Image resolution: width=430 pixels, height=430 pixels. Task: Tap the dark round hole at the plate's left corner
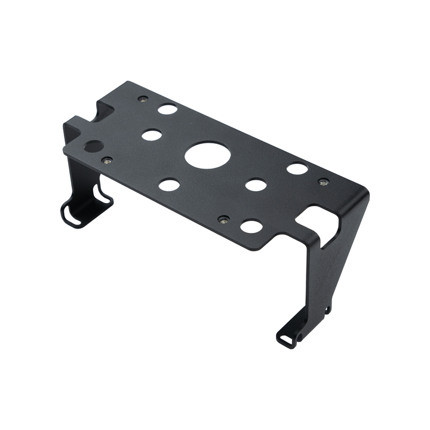click(94, 146)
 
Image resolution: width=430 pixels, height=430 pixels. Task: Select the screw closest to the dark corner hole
click(107, 160)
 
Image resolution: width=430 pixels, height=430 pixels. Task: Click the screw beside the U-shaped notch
click(142, 99)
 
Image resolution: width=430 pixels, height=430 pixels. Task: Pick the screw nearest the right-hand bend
click(323, 182)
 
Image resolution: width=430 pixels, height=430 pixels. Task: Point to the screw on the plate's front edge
click(223, 220)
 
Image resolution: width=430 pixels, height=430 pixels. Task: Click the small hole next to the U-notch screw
click(167, 109)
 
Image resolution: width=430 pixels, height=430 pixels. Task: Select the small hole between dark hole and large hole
click(152, 135)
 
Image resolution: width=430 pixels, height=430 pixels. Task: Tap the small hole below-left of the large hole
click(169, 185)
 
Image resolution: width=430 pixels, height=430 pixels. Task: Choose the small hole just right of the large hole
click(256, 185)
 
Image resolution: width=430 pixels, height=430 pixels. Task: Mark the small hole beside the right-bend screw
click(297, 168)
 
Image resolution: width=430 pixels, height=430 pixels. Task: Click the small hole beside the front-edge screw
click(251, 226)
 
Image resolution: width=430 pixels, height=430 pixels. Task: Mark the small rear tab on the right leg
click(327, 309)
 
